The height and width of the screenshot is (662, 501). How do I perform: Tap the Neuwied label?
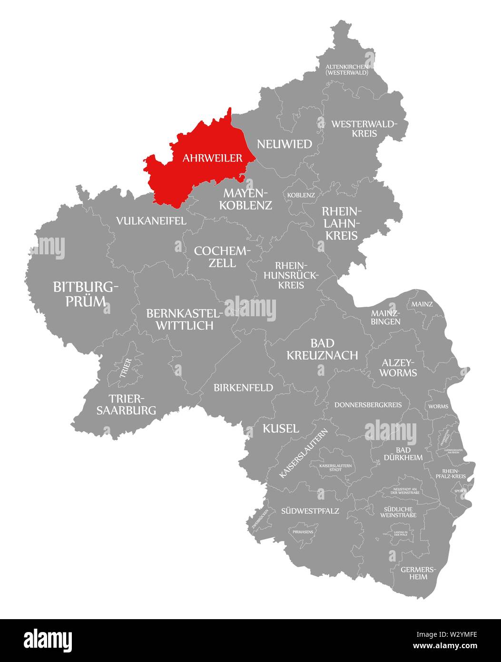pos(284,144)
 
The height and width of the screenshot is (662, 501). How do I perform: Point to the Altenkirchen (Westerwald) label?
pos(346,70)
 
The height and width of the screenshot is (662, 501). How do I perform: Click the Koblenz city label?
pos(301,195)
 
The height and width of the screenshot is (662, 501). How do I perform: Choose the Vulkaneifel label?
pos(151,221)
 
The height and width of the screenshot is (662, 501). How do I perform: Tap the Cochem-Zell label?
pos(222,256)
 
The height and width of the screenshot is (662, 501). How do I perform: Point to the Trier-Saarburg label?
pos(126,404)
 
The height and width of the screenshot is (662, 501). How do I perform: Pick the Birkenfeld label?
pos(244,388)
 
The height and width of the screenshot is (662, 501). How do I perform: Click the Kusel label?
pos(281,428)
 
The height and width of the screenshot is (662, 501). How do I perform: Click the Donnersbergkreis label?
pos(368,405)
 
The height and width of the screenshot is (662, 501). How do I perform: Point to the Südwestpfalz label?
pos(310,511)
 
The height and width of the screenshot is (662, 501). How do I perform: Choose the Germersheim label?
pos(414,573)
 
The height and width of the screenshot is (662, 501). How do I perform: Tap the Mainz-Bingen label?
pos(385,317)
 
